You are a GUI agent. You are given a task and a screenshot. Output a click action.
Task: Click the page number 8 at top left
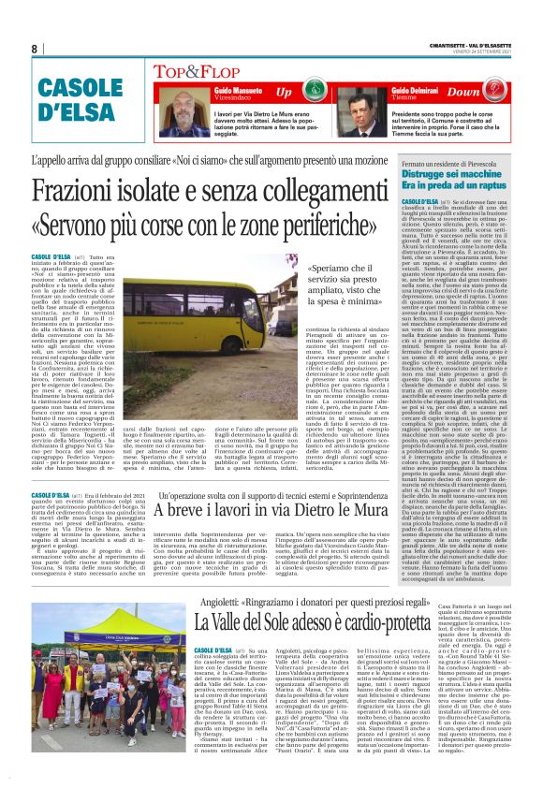click(35, 49)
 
